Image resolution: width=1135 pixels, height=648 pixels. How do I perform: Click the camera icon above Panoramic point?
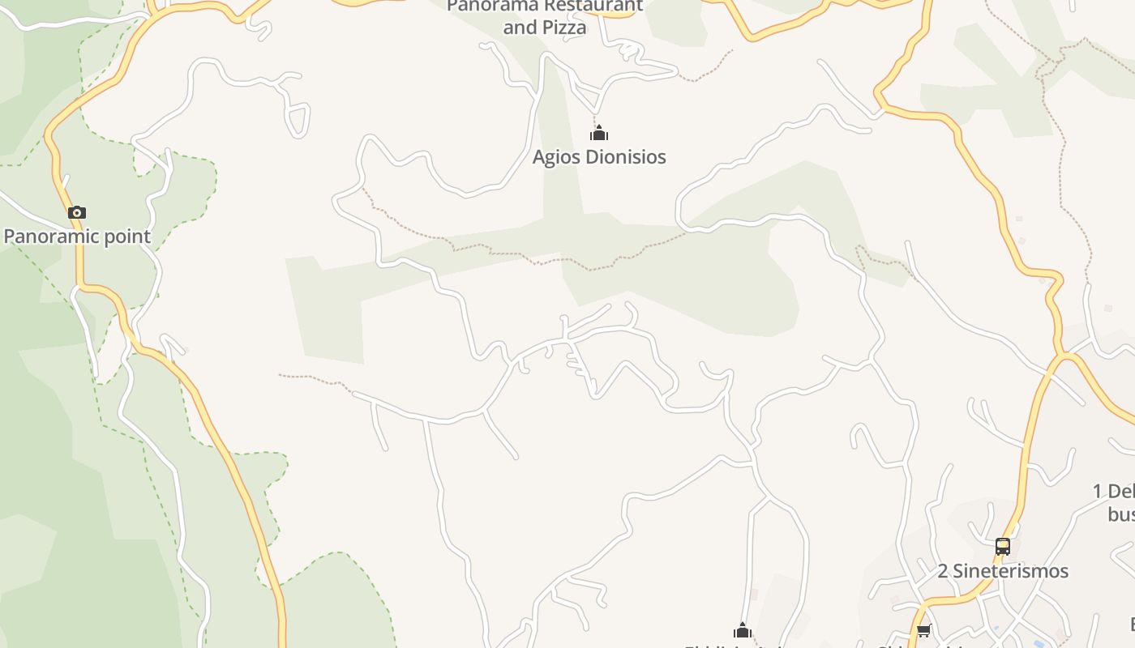tap(77, 213)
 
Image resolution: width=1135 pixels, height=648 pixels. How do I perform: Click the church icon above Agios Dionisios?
tap(599, 134)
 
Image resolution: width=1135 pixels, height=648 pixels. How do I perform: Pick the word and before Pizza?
tap(520, 28)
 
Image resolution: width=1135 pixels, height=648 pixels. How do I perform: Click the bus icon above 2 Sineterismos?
tap(1003, 547)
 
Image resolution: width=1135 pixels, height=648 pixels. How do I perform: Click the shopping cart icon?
tap(923, 631)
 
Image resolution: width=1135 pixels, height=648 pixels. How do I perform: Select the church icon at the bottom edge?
tap(743, 631)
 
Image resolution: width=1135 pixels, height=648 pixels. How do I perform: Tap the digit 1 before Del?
tap(1098, 492)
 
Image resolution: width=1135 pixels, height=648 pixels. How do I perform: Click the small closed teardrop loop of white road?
tap(298, 120)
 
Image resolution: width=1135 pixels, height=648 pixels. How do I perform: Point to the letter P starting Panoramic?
tap(10, 237)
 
